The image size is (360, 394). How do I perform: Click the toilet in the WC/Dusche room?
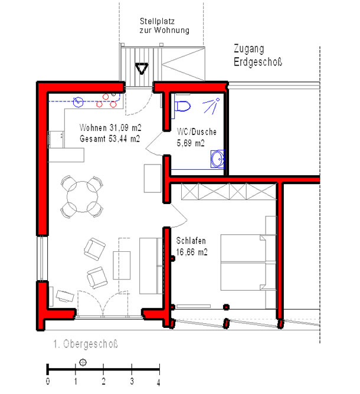tap(182, 106)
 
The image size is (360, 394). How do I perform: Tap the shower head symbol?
tap(211, 106)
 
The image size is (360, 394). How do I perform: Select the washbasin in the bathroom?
tap(217, 159)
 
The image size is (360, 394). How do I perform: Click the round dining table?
tap(82, 197)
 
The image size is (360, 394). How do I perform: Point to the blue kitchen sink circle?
tap(78, 102)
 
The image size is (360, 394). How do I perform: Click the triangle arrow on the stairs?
tap(142, 68)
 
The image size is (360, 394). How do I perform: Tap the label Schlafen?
tap(191, 241)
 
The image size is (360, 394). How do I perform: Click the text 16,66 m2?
tap(192, 252)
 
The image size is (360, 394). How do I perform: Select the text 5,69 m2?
tap(190, 143)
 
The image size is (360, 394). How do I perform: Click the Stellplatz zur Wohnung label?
tap(165, 25)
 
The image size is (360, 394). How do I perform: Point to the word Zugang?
tap(248, 49)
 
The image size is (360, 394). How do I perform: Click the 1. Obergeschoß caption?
tap(85, 344)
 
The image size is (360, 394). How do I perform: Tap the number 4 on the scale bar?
tap(159, 383)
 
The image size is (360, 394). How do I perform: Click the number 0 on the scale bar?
tap(48, 381)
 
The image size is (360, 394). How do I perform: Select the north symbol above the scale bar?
tap(83, 363)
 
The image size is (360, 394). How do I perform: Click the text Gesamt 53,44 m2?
tap(110, 139)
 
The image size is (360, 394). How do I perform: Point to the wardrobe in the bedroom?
tap(229, 192)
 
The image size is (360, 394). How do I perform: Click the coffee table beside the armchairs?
tap(122, 265)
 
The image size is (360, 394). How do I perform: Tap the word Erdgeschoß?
tap(258, 62)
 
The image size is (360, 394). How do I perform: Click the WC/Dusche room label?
tap(197, 132)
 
